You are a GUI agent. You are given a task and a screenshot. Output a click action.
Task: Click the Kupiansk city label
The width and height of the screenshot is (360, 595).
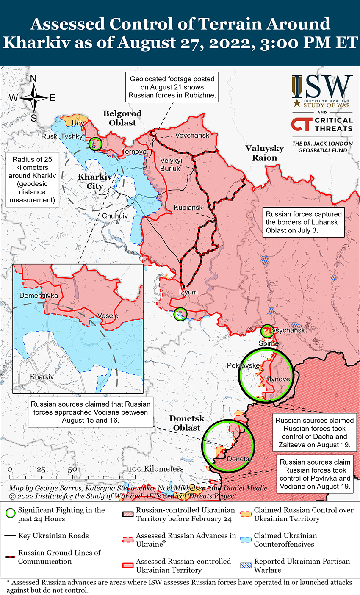pos(188,208)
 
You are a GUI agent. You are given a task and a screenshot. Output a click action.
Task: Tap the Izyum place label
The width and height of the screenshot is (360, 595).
pos(188,292)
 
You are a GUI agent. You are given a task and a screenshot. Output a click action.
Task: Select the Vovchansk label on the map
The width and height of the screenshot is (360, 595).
pos(193,135)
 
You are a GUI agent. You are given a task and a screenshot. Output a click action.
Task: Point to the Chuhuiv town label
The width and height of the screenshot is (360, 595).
pos(115,216)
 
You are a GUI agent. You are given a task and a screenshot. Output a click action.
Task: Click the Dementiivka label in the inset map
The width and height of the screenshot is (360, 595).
pos(39,295)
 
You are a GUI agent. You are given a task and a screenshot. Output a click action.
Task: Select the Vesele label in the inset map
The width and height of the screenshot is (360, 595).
pos(108,315)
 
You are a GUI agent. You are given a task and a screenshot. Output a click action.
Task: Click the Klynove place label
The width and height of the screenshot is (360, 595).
pos(277,379)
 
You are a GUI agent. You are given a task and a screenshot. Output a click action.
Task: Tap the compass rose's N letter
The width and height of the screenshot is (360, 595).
pos(33,79)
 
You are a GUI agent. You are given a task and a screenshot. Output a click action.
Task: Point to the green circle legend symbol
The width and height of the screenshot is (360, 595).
pos(11,514)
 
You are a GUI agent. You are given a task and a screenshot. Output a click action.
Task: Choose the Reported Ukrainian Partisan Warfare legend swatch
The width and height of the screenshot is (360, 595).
pos(246,565)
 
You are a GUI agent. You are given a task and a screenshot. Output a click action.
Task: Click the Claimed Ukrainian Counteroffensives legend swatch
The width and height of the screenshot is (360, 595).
pos(246,540)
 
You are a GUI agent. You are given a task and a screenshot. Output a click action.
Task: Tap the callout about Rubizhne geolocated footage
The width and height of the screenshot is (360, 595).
pos(172,87)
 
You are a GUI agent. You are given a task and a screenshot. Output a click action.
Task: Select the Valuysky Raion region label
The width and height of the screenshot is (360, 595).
pos(265,153)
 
